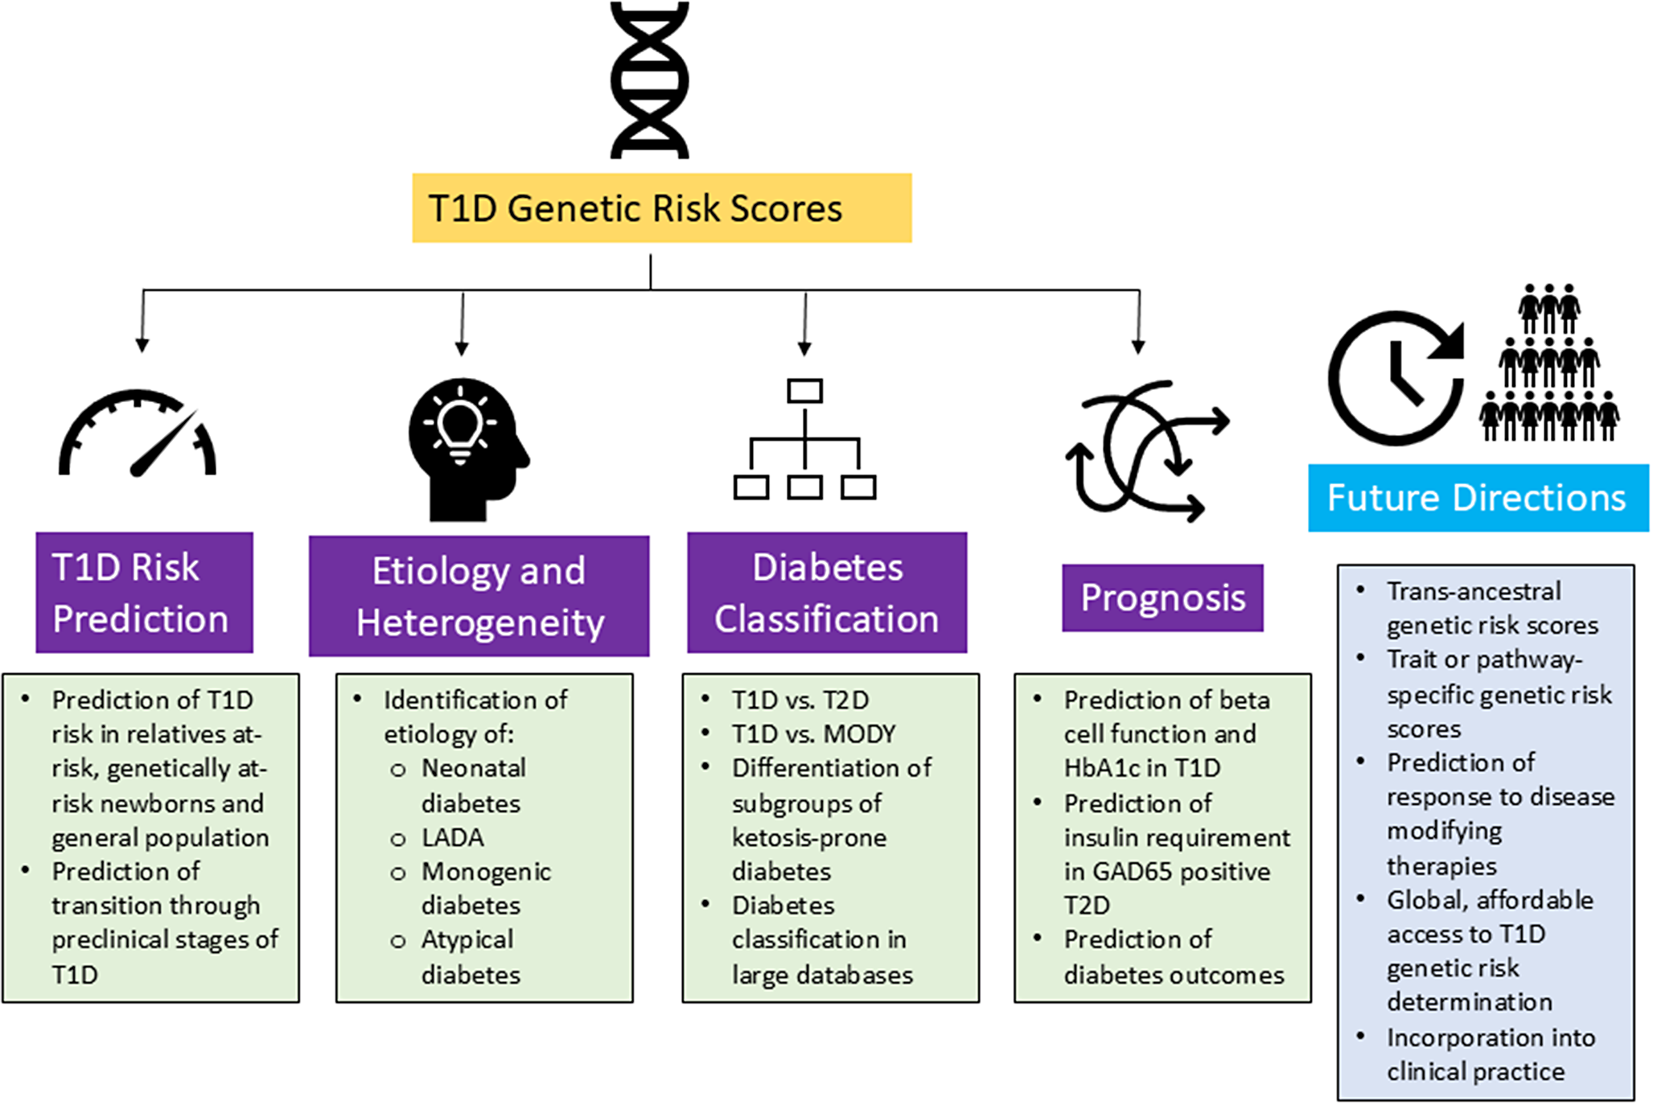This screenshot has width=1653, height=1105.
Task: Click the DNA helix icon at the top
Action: [x=649, y=80]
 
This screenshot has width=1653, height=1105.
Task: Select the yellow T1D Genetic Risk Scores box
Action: [x=661, y=208]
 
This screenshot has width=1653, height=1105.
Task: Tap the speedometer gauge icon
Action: [x=138, y=434]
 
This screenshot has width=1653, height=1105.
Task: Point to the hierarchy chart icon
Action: [x=804, y=439]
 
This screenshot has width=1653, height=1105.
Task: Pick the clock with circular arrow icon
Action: [x=1396, y=378]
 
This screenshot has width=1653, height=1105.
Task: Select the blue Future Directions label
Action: [x=1478, y=498]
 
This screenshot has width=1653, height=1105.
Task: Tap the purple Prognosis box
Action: [x=1162, y=598]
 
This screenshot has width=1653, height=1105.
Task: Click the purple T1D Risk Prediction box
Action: [x=144, y=593]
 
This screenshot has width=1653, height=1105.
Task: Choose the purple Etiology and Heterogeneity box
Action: [x=479, y=596]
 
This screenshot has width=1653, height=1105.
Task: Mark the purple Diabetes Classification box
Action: [x=827, y=593]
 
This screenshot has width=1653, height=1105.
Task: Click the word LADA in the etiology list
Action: [x=453, y=838]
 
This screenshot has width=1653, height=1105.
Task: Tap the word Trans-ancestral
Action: [x=1474, y=592]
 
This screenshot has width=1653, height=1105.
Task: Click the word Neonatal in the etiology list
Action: [x=474, y=768]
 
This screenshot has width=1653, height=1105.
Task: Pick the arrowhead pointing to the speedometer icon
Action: [x=142, y=345]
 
